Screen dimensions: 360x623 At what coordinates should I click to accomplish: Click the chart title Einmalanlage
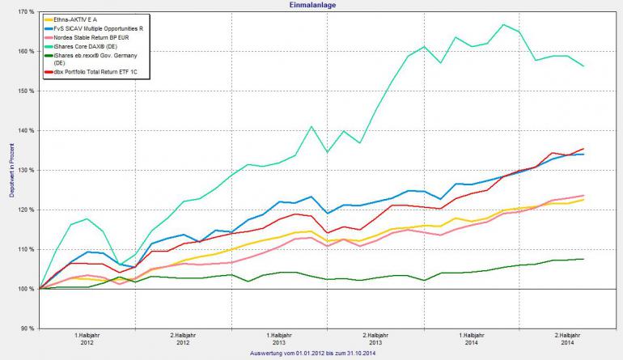click(x=312, y=5)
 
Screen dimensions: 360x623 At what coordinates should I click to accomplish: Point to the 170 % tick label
click(x=25, y=12)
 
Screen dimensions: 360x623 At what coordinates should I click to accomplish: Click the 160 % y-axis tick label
click(x=25, y=52)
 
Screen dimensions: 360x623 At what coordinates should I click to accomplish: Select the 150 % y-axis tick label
click(x=25, y=91)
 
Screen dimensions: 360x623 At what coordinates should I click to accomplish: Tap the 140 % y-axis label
click(x=25, y=131)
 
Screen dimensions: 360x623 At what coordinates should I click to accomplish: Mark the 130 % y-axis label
click(x=25, y=171)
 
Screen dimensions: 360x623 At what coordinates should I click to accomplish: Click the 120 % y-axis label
click(x=25, y=210)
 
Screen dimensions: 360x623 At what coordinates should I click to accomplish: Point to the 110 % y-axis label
click(x=25, y=250)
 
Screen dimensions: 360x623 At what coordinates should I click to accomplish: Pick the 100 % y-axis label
click(x=25, y=289)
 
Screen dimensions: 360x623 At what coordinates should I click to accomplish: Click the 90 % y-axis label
click(x=27, y=328)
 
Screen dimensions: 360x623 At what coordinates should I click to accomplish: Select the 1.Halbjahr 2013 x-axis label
click(x=279, y=338)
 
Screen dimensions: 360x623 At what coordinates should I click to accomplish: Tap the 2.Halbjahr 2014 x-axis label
click(x=568, y=338)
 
